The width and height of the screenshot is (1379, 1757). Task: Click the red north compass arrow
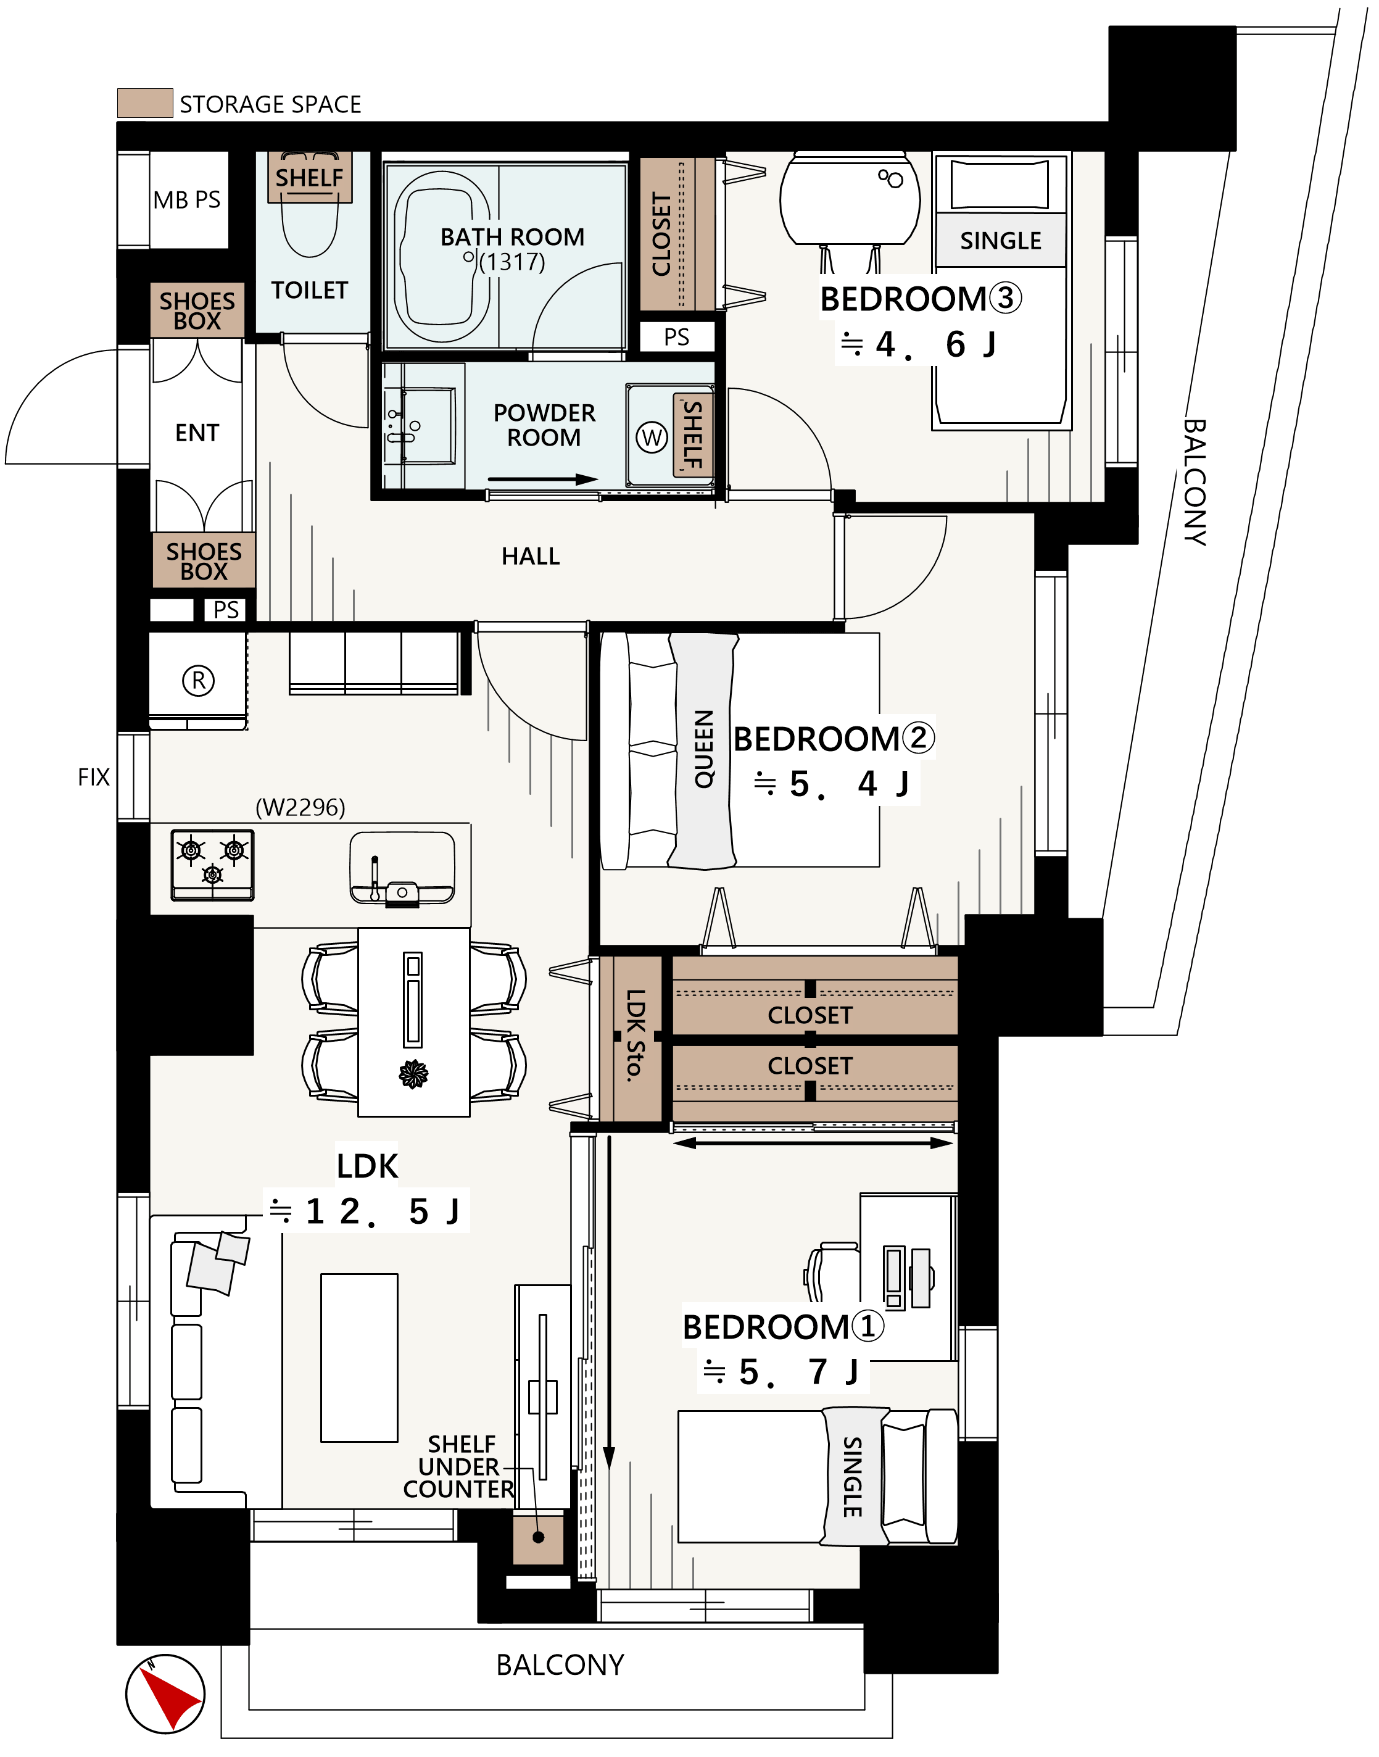coord(170,1697)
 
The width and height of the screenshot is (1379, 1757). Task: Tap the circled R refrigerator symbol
coord(199,681)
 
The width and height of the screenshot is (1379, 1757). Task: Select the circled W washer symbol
coord(652,438)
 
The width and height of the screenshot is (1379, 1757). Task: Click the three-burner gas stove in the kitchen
coord(212,865)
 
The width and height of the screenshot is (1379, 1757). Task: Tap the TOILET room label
coord(309,290)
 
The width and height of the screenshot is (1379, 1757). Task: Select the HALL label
coord(531,556)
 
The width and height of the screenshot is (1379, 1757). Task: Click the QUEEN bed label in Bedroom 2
coord(704,749)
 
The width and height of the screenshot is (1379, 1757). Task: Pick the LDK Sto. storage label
coord(636,1034)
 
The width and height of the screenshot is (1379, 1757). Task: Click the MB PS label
coord(186,199)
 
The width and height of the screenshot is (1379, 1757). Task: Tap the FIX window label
coord(94,777)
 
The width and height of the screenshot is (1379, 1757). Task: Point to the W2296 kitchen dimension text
coord(300,807)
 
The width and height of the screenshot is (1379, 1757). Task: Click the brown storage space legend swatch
coord(146,103)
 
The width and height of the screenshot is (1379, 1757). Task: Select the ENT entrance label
coord(197,433)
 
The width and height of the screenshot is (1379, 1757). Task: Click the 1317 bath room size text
coord(513,262)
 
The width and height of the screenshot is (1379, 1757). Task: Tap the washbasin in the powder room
coord(419,426)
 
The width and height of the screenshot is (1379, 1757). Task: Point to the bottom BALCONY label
coord(560,1664)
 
